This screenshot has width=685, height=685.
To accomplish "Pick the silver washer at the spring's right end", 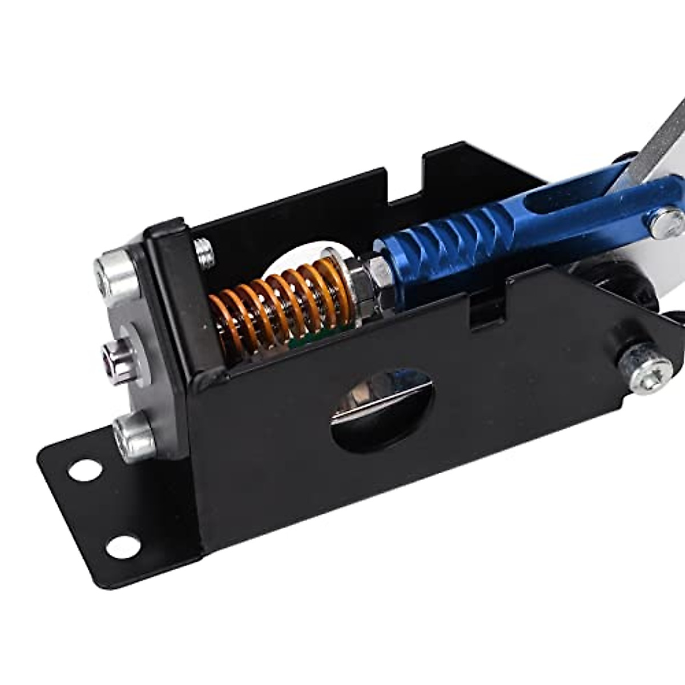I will pyautogui.click(x=334, y=280).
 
